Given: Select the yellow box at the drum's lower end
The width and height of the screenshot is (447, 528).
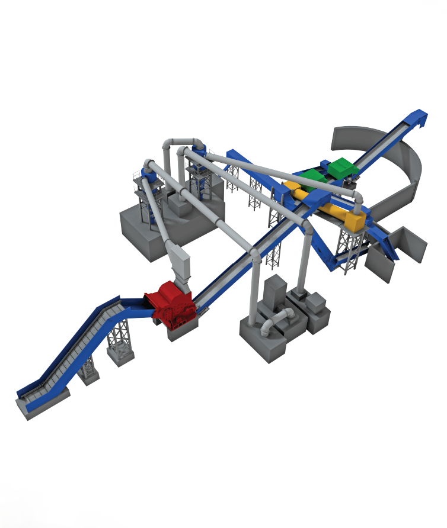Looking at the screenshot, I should (352, 220).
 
